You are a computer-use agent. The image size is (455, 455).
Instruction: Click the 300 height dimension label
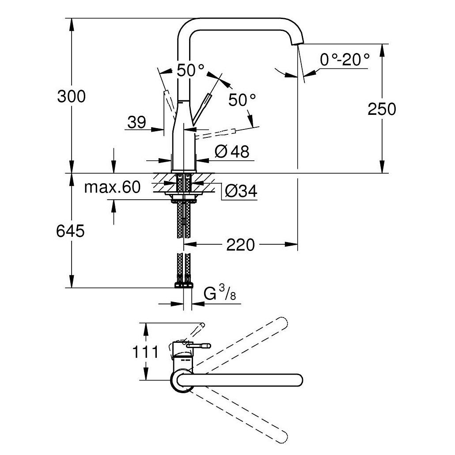(x=71, y=96)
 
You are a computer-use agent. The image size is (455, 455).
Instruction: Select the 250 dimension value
(x=382, y=109)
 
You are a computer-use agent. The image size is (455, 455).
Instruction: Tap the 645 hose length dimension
(x=70, y=231)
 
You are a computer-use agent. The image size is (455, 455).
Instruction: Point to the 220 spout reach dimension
(x=241, y=244)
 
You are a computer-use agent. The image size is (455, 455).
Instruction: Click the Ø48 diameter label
(x=232, y=152)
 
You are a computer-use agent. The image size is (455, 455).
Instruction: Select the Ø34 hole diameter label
(x=241, y=191)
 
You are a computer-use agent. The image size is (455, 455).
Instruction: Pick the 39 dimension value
(x=136, y=122)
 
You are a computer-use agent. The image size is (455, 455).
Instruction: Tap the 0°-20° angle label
(x=345, y=59)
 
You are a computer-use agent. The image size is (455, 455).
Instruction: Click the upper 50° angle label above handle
(x=191, y=70)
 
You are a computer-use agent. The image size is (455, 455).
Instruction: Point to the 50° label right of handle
(x=242, y=100)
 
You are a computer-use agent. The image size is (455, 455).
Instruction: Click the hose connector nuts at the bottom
(x=184, y=282)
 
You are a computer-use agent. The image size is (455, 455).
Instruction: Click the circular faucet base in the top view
(x=181, y=381)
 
